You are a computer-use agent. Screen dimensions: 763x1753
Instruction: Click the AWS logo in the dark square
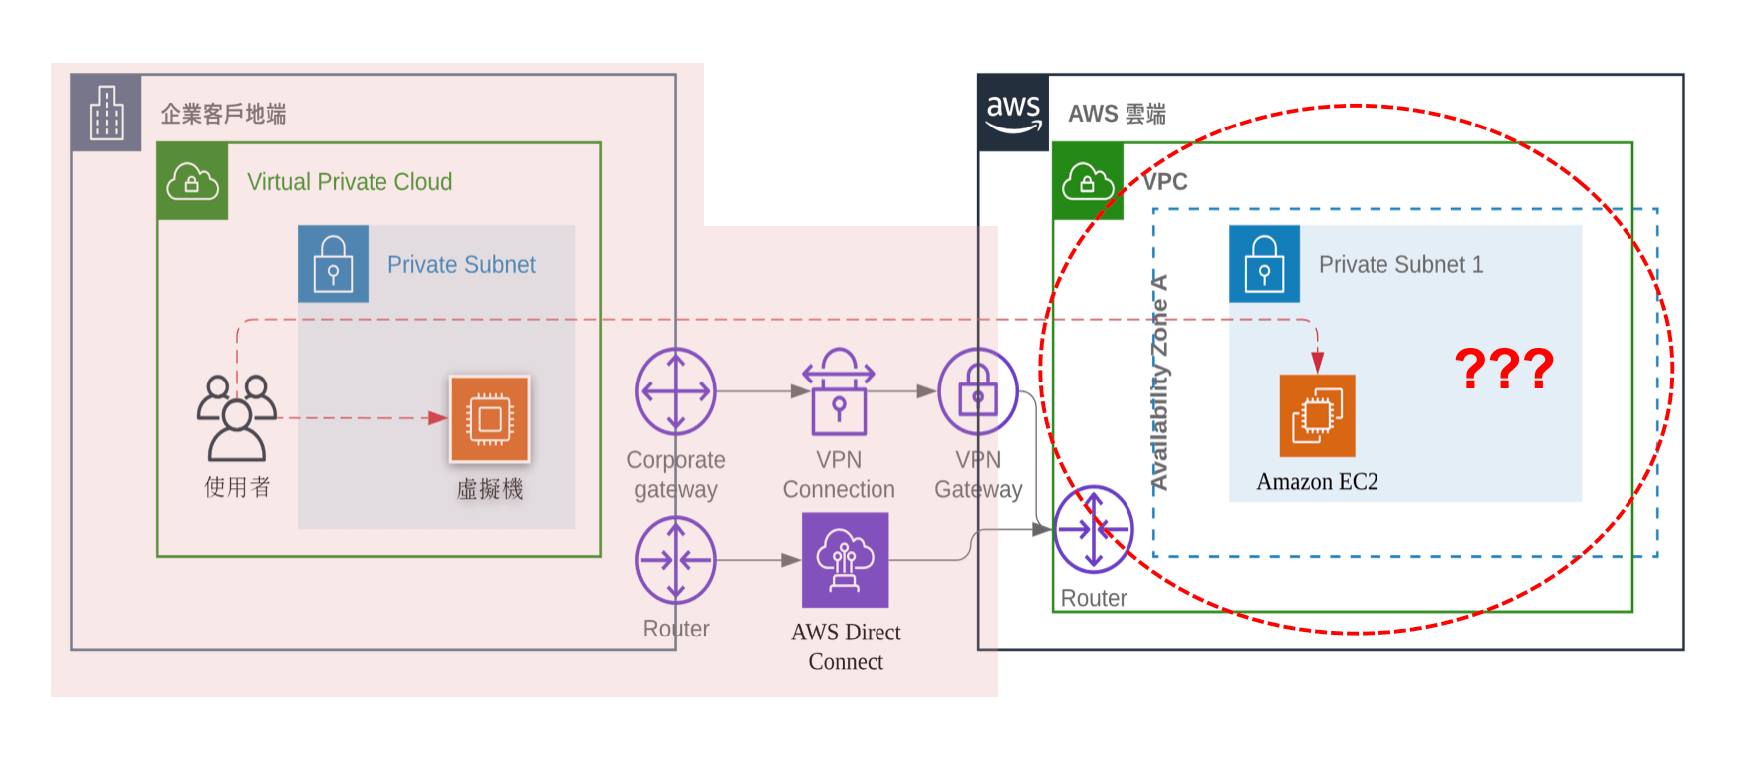[1013, 113]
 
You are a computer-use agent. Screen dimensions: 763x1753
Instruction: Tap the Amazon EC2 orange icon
[1317, 415]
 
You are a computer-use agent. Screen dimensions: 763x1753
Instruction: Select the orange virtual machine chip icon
[489, 419]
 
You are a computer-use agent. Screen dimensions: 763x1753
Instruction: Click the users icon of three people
[237, 416]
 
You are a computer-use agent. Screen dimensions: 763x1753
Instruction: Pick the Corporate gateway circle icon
[676, 391]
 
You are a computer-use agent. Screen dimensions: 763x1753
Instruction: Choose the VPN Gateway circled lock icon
[978, 391]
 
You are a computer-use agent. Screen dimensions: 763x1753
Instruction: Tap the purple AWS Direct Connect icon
[846, 560]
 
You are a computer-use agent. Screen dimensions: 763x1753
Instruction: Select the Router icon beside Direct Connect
[676, 561]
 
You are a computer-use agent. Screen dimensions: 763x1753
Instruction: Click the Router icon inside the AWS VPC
[1094, 529]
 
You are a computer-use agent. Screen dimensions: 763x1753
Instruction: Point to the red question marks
[1504, 369]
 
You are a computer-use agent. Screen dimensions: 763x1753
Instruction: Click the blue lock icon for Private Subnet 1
[1264, 264]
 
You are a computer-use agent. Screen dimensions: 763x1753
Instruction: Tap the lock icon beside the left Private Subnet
[333, 264]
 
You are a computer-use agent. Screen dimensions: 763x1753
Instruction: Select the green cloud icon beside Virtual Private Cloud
[192, 182]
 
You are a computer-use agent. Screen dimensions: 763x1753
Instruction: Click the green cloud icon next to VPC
[1088, 182]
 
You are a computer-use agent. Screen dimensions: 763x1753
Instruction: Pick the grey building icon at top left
[106, 113]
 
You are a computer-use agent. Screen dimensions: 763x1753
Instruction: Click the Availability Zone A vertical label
[1159, 383]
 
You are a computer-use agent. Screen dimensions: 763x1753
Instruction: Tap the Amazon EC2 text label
[1317, 482]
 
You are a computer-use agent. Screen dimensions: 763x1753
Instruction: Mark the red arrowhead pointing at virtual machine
[437, 418]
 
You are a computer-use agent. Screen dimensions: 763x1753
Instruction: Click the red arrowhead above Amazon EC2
[1317, 361]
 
